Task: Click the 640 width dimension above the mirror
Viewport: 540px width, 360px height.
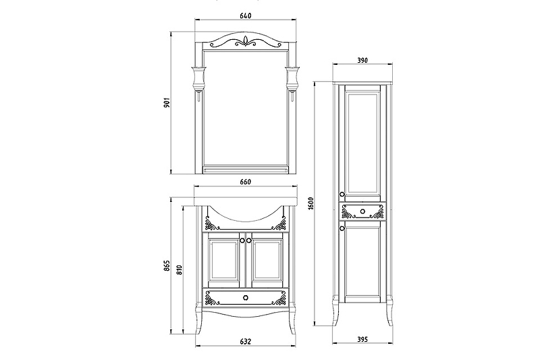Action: [245, 16]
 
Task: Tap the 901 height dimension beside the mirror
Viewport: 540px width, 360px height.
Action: [166, 102]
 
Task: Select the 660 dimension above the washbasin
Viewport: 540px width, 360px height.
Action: [245, 182]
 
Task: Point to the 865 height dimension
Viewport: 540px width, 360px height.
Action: [167, 265]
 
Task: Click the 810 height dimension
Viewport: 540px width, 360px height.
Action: [180, 269]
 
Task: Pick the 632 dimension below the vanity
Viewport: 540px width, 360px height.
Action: [245, 342]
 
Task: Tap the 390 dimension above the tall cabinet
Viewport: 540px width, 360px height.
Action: [362, 60]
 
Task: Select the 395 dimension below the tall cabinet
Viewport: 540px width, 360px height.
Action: [362, 340]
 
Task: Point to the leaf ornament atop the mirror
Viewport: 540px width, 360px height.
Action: [246, 41]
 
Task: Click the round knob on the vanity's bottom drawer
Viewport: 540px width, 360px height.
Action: [245, 298]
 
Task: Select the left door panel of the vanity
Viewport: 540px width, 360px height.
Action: [224, 259]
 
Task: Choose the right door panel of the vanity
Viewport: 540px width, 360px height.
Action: [267, 259]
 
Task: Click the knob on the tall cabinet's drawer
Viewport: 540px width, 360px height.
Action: [362, 211]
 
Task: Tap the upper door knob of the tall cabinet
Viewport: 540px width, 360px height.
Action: [342, 195]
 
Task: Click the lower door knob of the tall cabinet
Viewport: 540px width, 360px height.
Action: [342, 228]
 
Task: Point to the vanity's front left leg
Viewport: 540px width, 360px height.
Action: [199, 319]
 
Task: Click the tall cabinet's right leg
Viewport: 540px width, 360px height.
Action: [389, 310]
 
